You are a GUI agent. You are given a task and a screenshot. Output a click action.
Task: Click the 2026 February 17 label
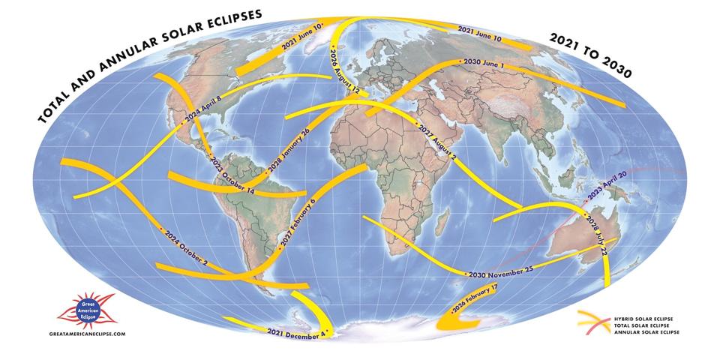tap(472, 298)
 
